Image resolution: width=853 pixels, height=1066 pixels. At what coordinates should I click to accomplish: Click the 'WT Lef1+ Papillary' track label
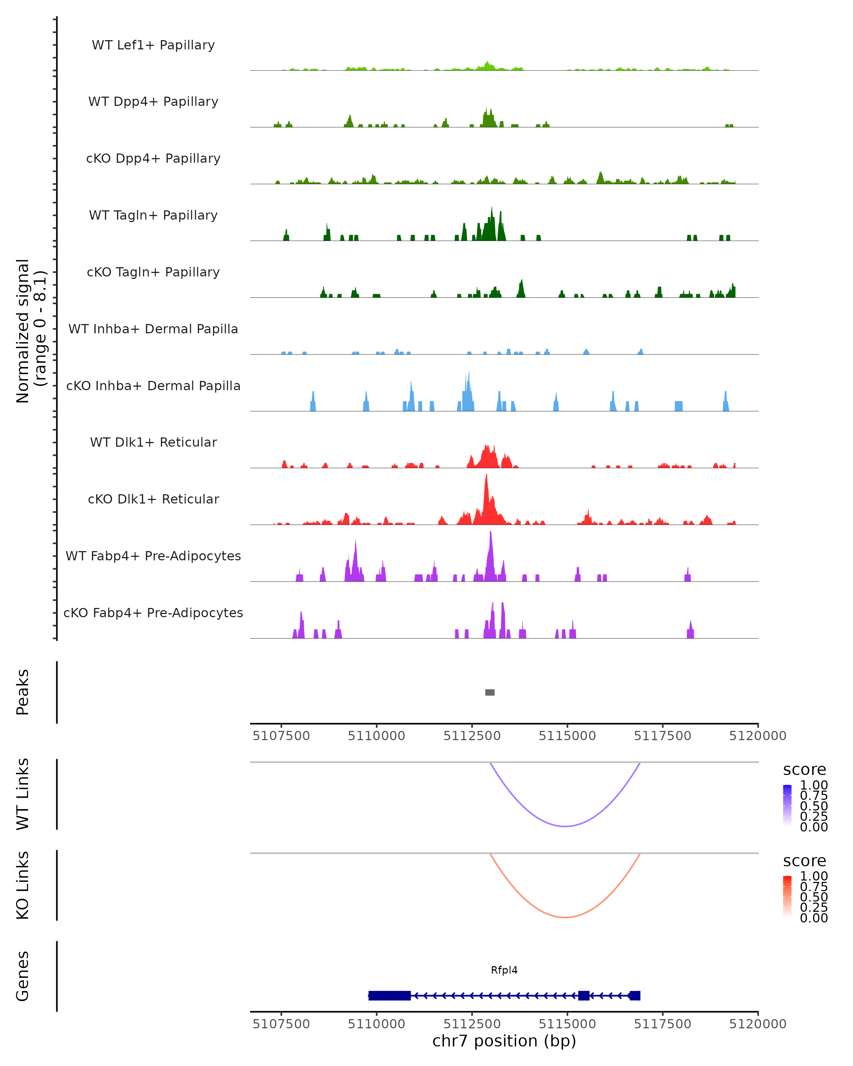pos(153,45)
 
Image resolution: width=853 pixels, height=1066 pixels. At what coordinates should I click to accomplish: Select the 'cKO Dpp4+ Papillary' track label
pos(153,158)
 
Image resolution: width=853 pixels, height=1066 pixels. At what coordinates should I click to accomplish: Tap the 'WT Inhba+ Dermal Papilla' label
pos(153,329)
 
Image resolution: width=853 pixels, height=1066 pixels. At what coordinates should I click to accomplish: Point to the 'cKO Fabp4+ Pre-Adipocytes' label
pos(153,613)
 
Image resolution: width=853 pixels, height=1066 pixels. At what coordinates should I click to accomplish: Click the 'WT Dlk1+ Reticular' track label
pos(153,442)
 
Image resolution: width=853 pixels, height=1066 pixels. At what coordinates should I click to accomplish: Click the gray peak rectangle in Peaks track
pos(489,692)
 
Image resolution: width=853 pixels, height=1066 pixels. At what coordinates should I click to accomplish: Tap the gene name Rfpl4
pos(504,970)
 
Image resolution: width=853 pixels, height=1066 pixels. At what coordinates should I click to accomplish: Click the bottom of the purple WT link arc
pos(565,826)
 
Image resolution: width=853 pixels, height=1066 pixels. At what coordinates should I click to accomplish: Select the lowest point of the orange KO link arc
pos(565,917)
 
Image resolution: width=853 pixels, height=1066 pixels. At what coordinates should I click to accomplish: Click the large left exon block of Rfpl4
pos(389,995)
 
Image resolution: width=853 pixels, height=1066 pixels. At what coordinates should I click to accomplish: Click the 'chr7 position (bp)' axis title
pos(504,1041)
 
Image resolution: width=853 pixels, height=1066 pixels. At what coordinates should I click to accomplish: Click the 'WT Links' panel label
pos(23,794)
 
